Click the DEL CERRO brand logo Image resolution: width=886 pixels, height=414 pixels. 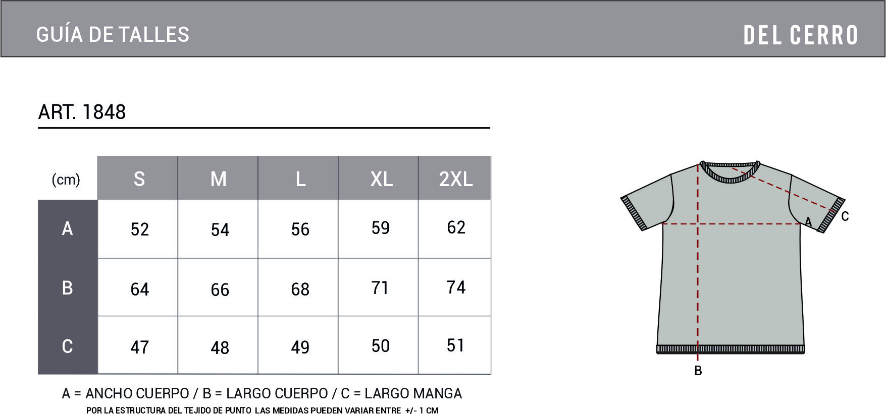pos(801,35)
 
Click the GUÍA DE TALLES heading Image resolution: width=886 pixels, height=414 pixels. pos(113,34)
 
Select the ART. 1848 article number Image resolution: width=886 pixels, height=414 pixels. pos(82,112)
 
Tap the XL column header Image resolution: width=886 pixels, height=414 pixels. pos(382,179)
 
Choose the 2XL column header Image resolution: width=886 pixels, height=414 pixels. pos(456,179)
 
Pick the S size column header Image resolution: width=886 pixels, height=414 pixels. pos(139,179)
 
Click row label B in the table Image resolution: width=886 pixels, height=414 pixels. pos(67,287)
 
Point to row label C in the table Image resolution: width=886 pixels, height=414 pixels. pos(67,346)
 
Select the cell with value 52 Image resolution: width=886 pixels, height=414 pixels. pos(140,229)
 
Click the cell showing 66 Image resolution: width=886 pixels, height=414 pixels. pos(220,289)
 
